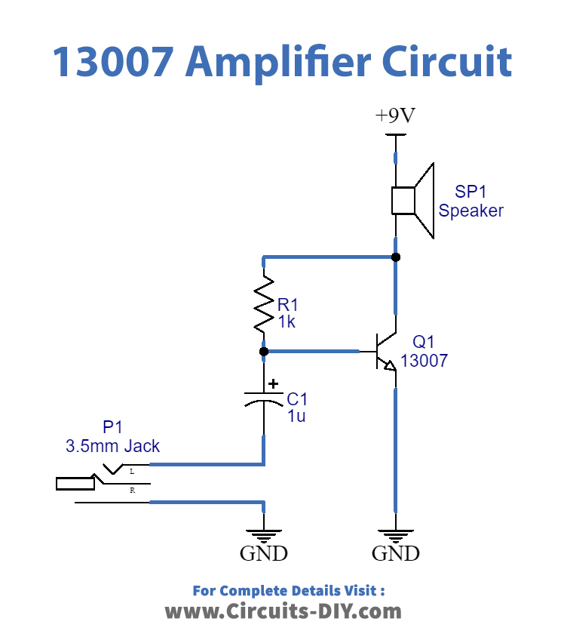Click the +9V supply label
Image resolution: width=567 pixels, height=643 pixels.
396,116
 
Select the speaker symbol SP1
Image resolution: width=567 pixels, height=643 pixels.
412,201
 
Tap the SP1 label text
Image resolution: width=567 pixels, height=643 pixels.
470,192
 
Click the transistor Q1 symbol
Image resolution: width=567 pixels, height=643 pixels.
385,352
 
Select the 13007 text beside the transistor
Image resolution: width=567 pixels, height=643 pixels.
424,361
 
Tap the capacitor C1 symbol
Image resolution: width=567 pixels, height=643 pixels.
263,398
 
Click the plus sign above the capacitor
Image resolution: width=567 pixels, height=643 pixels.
273,383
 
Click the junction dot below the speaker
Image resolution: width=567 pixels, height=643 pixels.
396,257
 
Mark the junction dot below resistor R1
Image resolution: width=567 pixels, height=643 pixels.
263,351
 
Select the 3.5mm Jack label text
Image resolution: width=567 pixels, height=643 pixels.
113,446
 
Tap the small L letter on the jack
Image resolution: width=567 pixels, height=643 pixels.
132,471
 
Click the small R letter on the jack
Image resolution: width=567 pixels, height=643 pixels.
132,491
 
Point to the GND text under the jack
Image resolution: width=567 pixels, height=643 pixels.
263,554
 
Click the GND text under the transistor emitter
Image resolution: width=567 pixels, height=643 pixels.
396,554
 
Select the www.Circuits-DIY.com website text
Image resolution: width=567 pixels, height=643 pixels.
283,611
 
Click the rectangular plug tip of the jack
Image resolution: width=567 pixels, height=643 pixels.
75,483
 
